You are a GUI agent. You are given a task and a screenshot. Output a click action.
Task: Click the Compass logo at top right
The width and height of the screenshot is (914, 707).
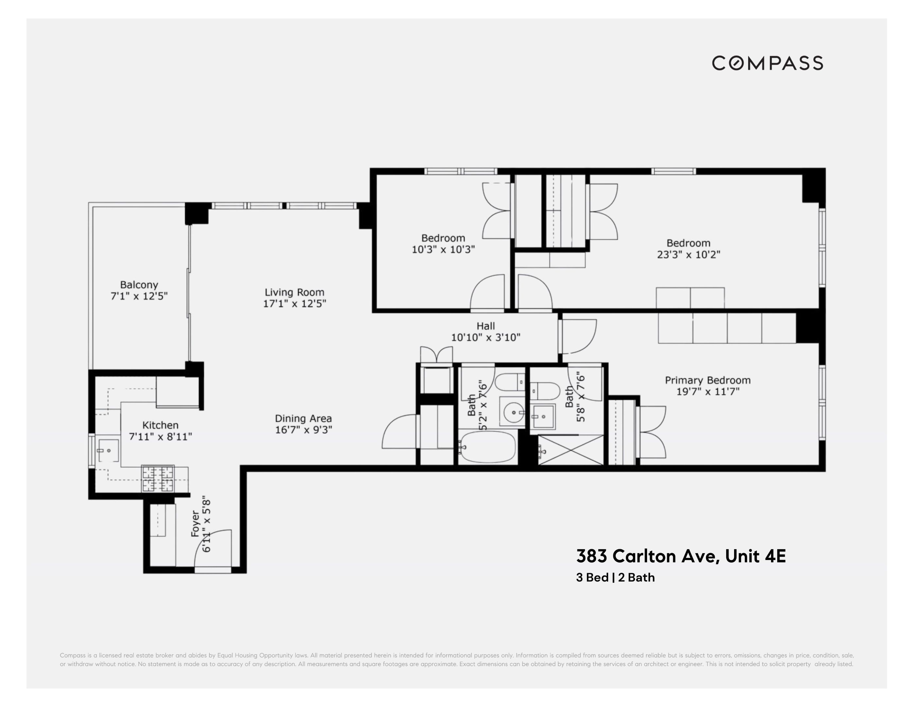(767, 63)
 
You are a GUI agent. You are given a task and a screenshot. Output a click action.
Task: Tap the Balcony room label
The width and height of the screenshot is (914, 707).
(139, 285)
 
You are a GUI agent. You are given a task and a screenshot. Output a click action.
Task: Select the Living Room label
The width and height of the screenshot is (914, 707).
(294, 292)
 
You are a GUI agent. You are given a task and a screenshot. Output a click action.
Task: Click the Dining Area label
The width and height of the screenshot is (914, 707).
(303, 418)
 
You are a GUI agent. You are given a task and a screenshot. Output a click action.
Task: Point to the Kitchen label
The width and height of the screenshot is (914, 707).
(160, 425)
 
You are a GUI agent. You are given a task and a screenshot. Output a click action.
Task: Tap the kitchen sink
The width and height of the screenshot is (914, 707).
(108, 450)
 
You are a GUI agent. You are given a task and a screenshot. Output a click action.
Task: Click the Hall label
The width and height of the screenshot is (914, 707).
(485, 326)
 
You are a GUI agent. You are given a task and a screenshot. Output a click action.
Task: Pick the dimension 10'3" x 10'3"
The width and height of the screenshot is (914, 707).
(443, 250)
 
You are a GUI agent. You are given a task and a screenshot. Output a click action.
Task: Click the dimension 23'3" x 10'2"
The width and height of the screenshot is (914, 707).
(688, 255)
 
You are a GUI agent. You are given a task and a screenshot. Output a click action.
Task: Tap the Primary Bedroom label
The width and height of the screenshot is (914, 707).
(707, 380)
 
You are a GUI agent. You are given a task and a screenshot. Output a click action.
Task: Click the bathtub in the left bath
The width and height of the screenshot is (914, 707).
(487, 447)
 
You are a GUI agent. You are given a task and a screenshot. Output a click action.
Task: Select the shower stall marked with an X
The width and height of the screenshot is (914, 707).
(571, 450)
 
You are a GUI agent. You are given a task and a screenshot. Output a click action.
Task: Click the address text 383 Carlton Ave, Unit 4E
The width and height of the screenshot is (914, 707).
(681, 556)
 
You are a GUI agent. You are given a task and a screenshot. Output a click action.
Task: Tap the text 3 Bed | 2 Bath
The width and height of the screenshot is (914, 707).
(615, 578)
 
